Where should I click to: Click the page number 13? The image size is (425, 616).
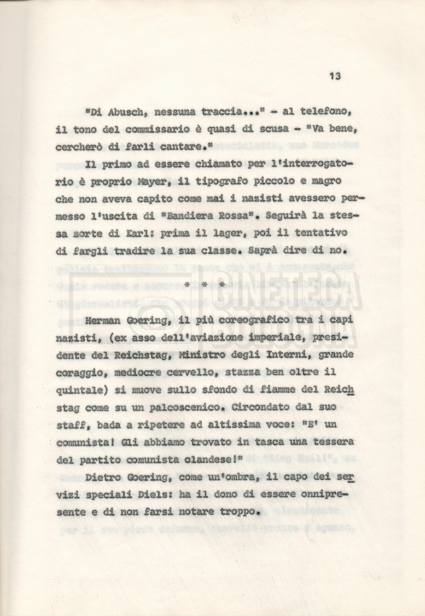click(335, 76)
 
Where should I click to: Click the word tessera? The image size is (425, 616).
click(333, 440)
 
